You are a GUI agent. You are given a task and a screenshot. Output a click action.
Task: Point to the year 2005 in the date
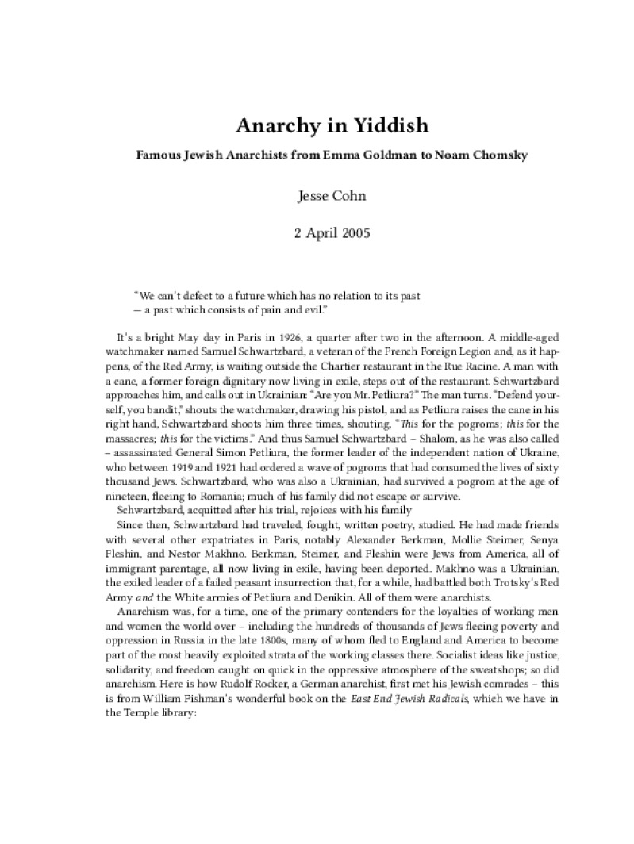click(x=339, y=233)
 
